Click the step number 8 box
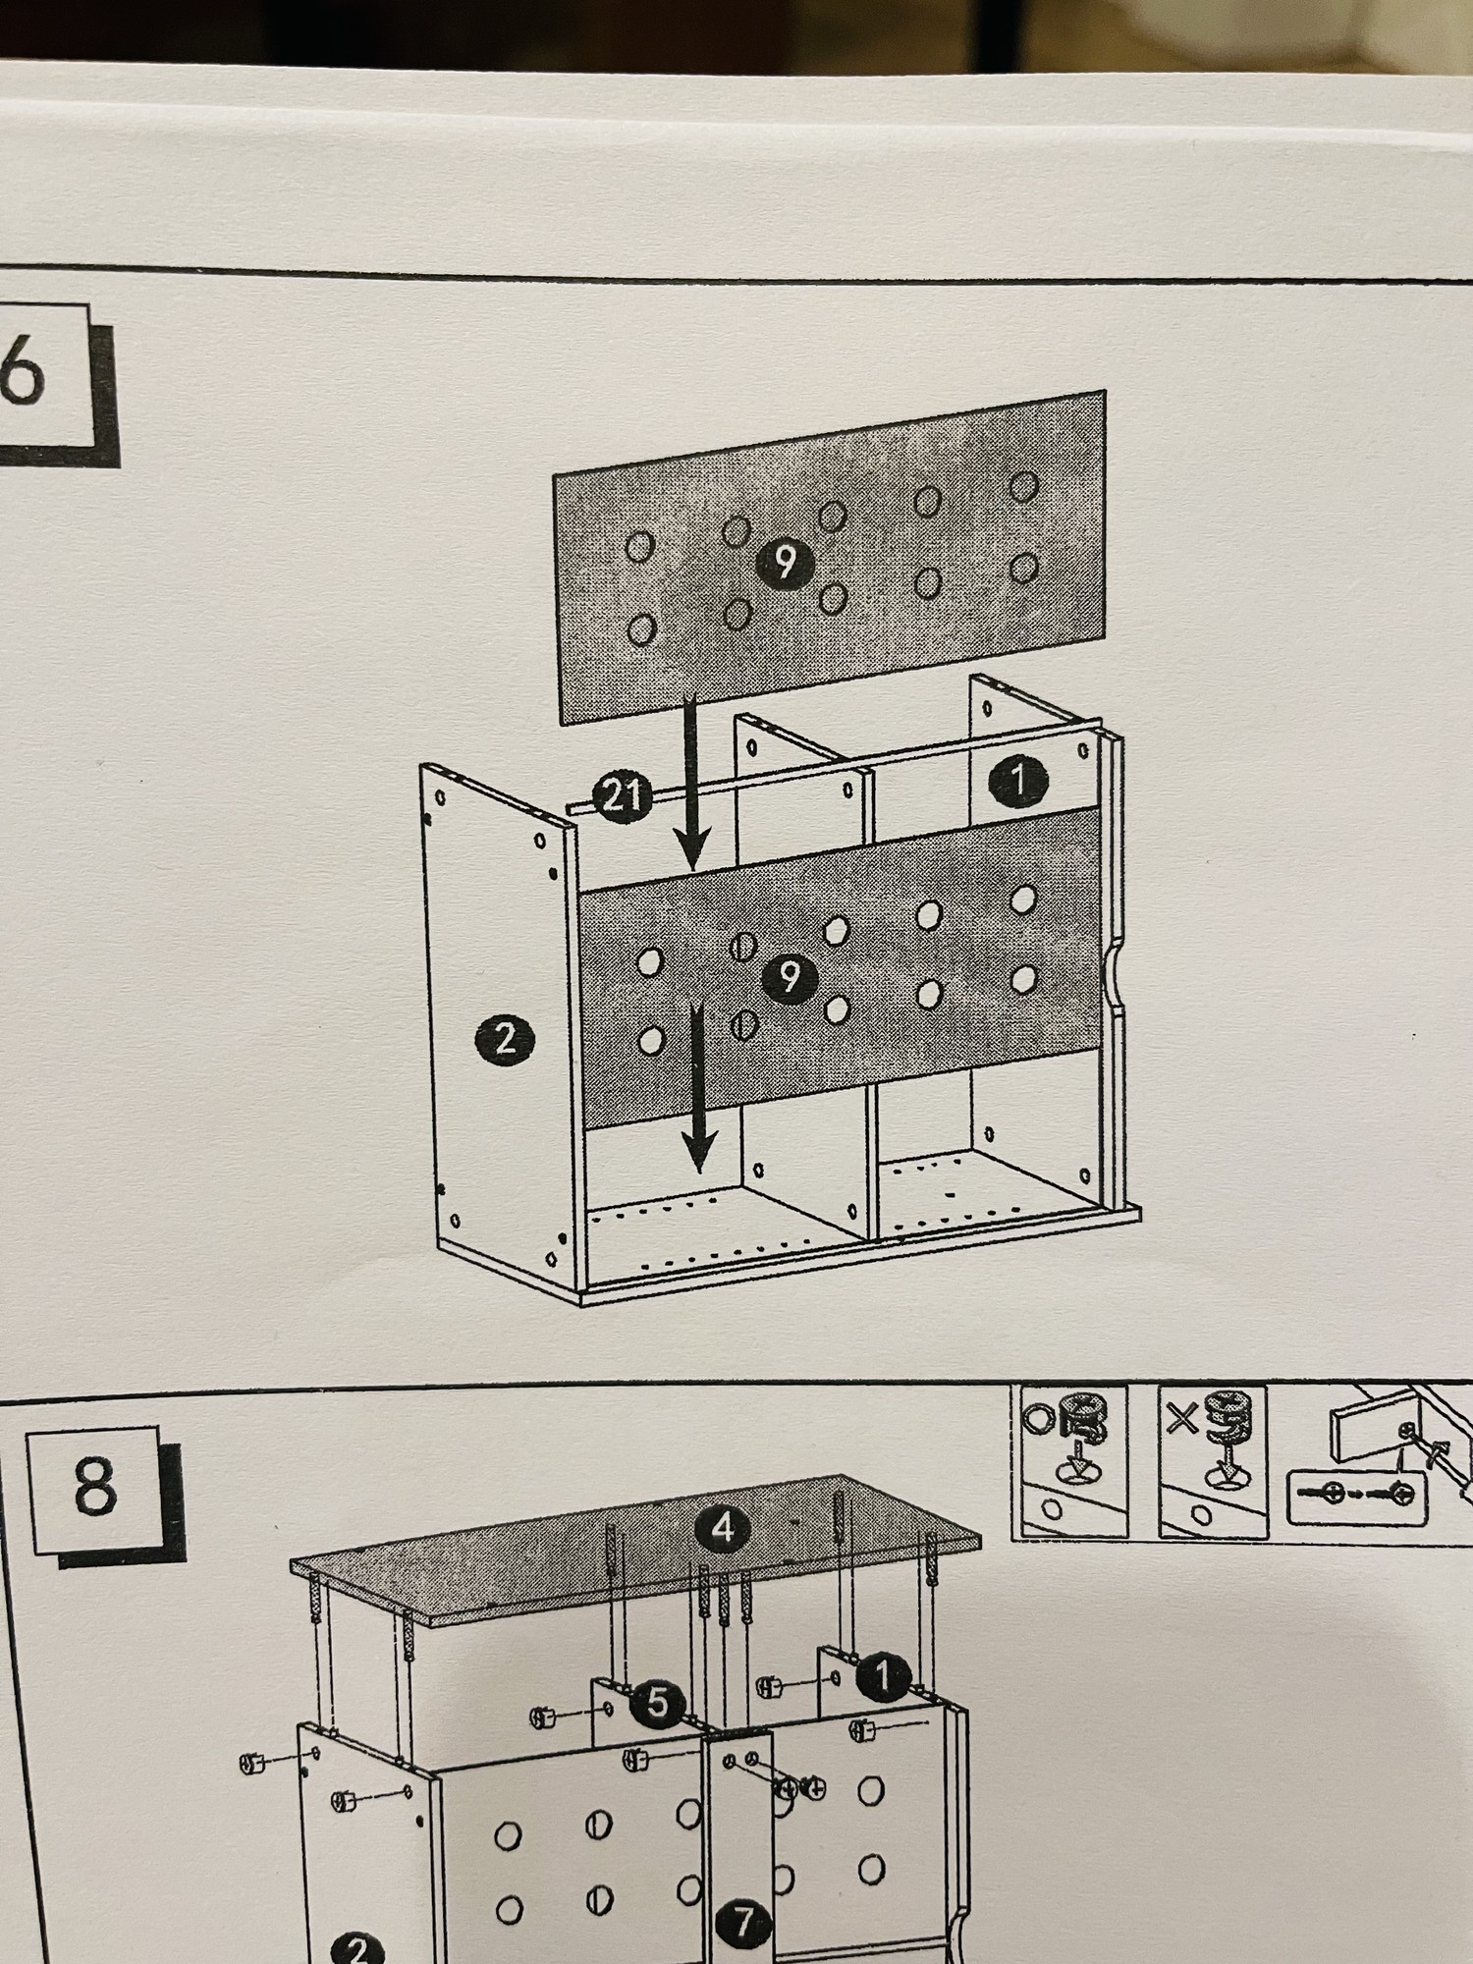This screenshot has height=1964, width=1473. (95, 1487)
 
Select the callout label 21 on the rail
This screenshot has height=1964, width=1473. (622, 794)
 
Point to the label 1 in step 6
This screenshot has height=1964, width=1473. (1019, 782)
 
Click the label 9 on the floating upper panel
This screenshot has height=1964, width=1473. (784, 563)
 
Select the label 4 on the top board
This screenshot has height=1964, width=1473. (724, 1528)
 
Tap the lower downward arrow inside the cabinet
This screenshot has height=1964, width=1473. (698, 1086)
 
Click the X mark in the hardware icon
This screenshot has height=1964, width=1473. (1182, 1419)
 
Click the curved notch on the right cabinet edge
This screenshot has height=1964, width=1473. (1114, 972)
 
